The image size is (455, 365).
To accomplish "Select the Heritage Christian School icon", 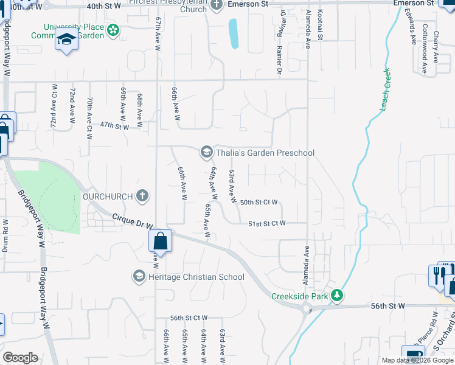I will (x=139, y=277).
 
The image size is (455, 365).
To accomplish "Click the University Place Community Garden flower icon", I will (x=113, y=30).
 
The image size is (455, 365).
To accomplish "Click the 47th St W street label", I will (x=114, y=126).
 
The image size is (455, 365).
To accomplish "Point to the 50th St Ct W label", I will (x=259, y=203).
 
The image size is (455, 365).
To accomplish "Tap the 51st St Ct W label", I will (x=267, y=224).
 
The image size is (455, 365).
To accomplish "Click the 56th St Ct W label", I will (x=189, y=318).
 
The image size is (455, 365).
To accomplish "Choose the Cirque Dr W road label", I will (x=133, y=221).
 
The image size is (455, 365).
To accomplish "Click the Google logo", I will (x=20, y=358).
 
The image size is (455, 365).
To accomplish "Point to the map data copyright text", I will (x=417, y=360).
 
